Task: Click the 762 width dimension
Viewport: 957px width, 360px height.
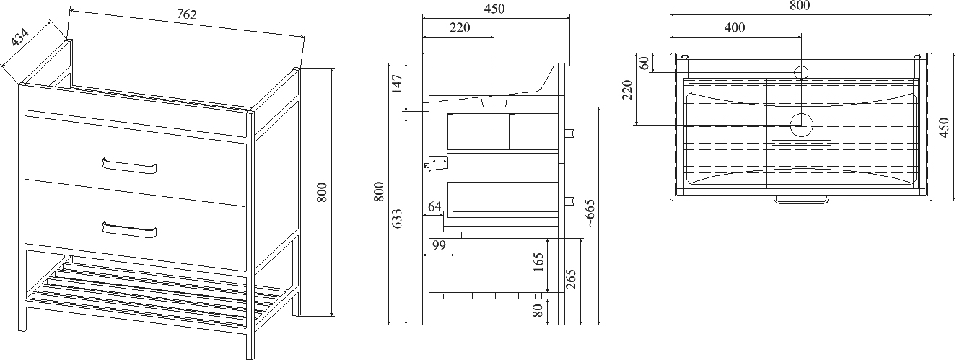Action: point(186,14)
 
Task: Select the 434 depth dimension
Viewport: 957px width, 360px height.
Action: point(22,38)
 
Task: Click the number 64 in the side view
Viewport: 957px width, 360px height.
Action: point(434,207)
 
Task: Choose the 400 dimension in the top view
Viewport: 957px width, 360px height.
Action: point(734,27)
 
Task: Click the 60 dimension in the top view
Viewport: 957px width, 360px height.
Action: point(644,62)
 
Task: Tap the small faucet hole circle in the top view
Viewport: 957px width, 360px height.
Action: point(800,71)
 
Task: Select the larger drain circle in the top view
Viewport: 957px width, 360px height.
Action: point(801,125)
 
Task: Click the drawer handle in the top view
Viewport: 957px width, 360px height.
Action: point(800,201)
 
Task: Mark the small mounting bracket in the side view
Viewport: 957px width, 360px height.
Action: point(437,164)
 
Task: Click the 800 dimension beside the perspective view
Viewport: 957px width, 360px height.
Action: point(323,191)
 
